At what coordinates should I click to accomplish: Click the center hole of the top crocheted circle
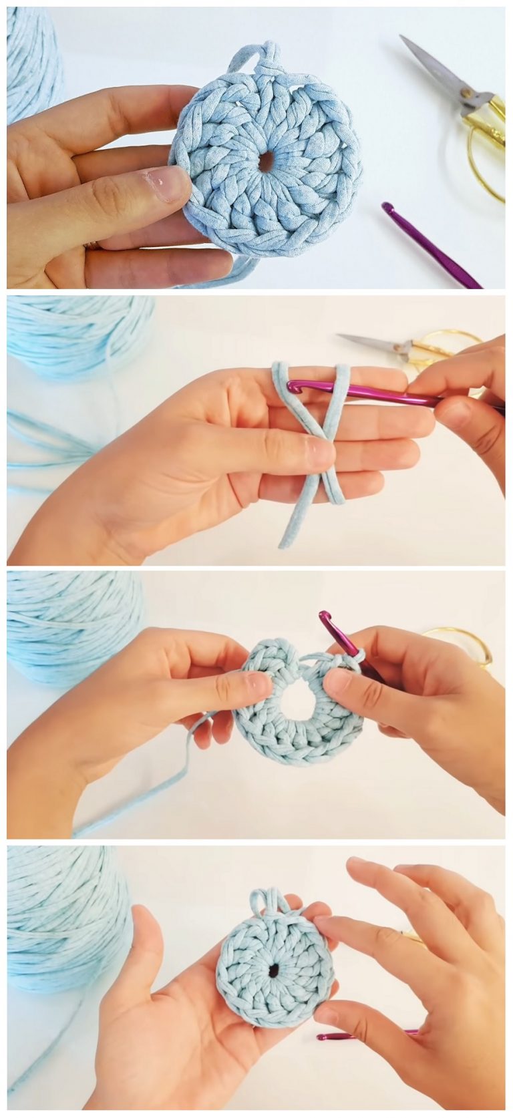tap(266, 160)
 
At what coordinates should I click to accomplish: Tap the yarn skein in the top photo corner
tap(30, 60)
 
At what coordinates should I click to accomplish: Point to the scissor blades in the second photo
tap(371, 342)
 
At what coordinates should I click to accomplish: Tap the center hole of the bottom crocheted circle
tap(274, 970)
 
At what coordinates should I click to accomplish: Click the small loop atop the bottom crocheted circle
tap(267, 899)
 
